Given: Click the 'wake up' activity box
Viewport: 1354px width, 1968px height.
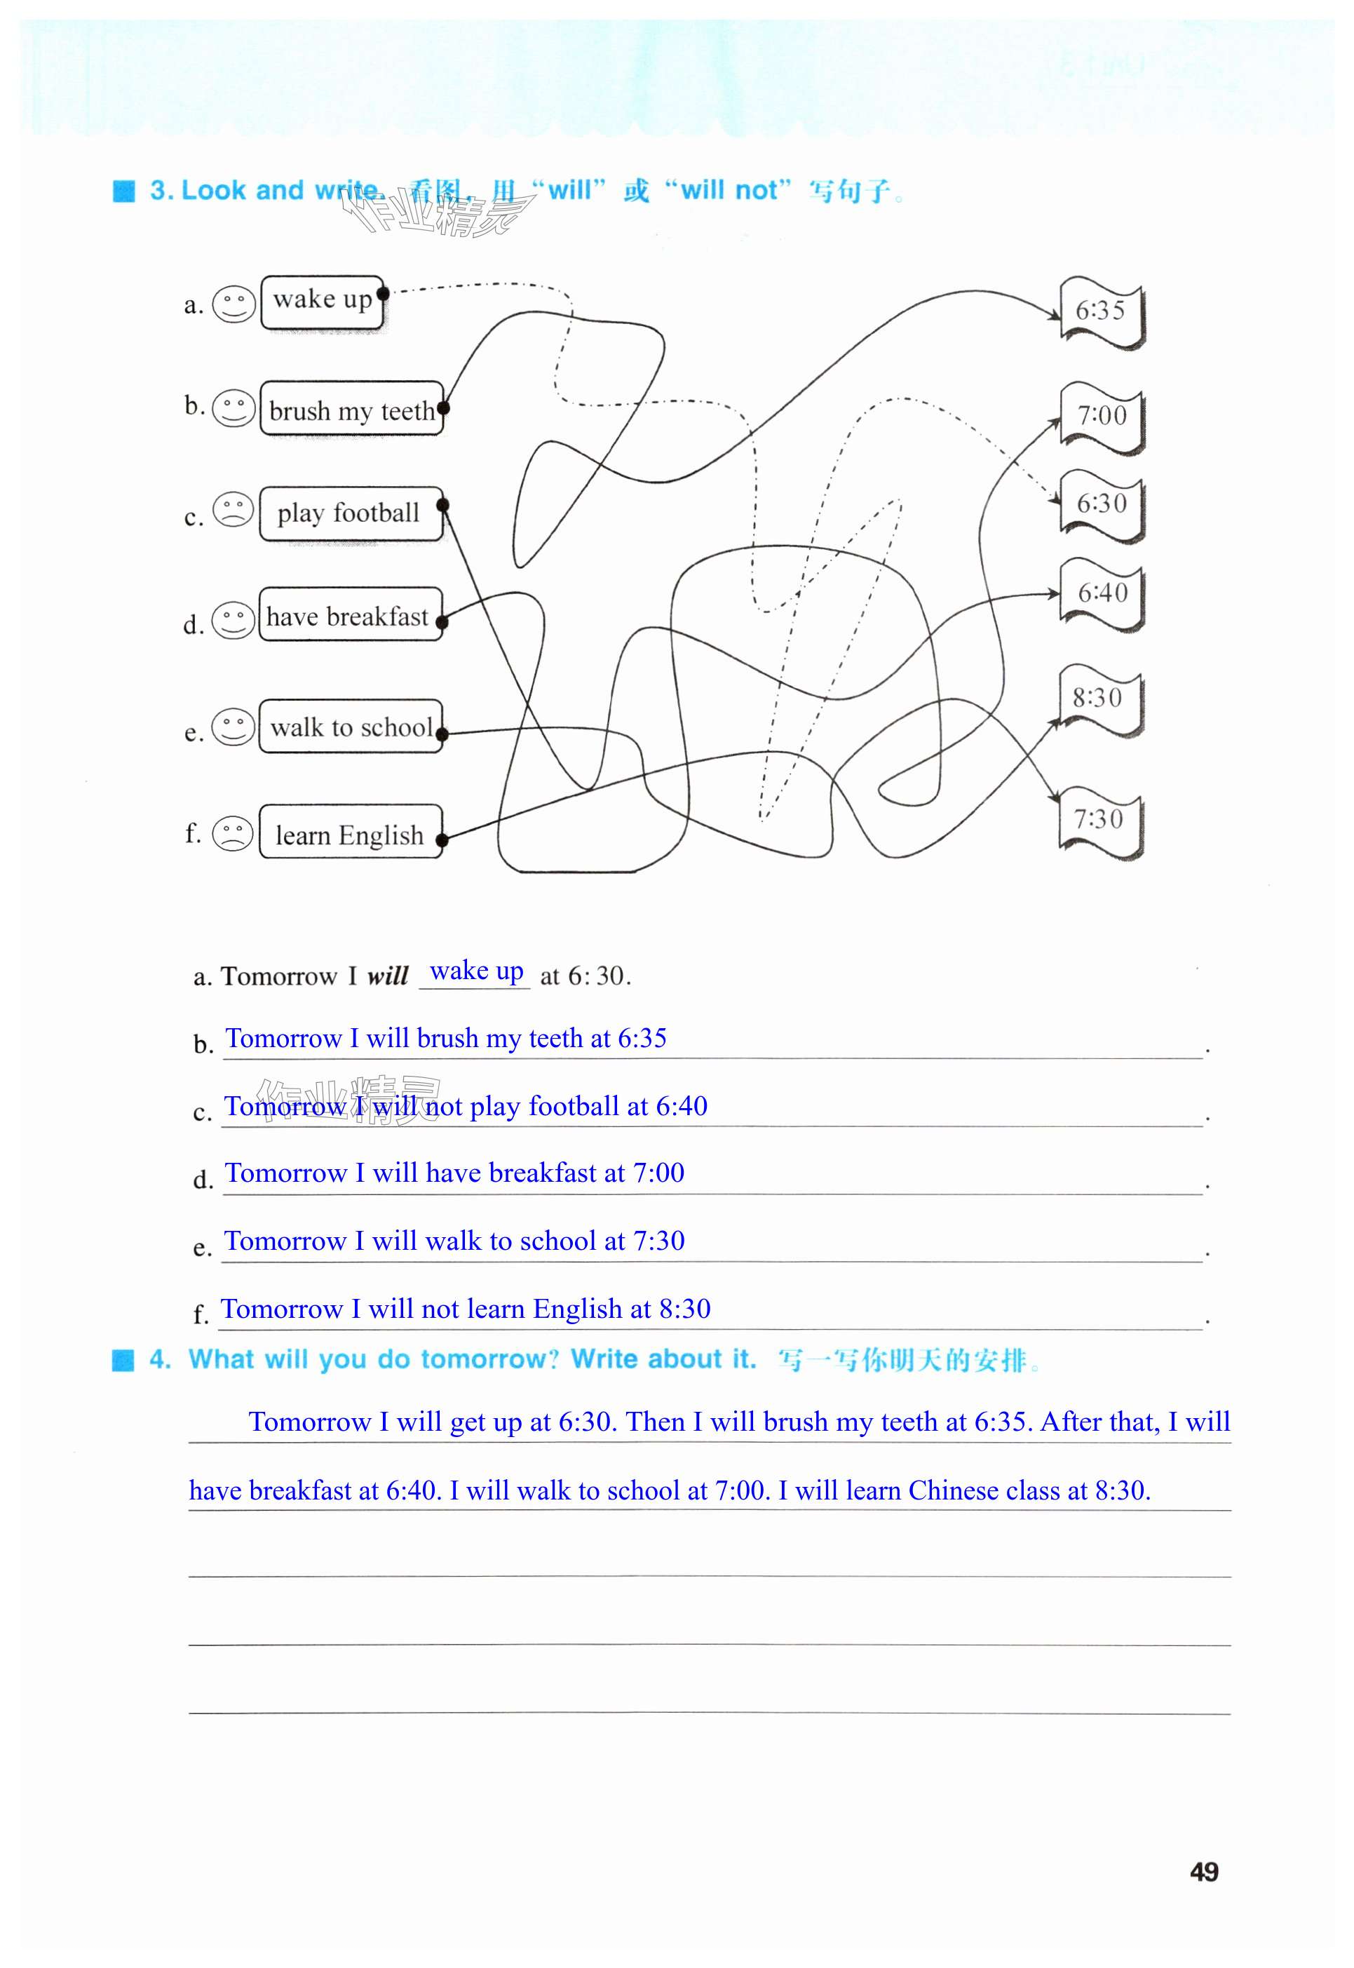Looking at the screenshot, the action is coord(323,302).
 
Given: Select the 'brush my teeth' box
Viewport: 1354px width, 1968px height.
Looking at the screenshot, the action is coord(351,409).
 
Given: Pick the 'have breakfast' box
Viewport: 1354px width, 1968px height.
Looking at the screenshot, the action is coord(349,615).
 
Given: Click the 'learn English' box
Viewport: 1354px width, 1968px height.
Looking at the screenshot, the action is coord(349,833).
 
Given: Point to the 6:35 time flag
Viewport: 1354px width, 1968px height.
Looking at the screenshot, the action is coord(1101,311).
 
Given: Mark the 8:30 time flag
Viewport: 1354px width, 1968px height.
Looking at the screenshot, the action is coord(1099,699).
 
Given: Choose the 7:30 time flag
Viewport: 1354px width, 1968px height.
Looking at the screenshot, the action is coord(1099,820).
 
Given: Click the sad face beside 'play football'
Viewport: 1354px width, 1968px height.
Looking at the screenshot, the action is coord(233,509).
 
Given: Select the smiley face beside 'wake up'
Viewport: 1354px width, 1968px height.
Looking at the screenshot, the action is coord(233,304).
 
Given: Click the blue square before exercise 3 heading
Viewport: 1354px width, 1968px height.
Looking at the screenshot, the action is coord(124,191).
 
